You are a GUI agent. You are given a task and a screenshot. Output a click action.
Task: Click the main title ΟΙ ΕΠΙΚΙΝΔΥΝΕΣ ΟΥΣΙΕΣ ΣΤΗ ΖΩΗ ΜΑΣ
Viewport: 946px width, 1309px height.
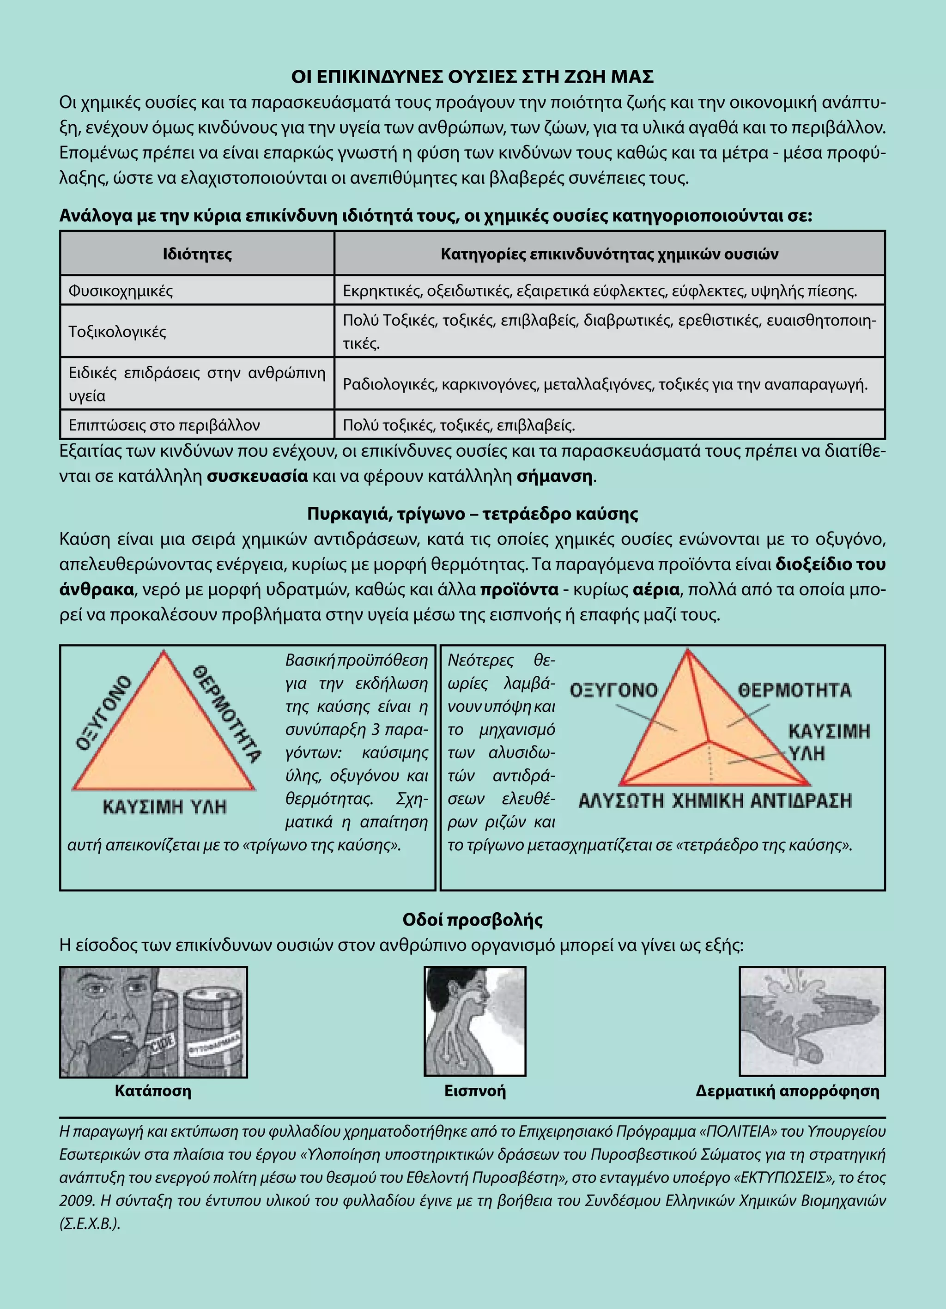(x=472, y=77)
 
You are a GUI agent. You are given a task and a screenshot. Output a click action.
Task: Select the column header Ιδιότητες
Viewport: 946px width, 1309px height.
(x=197, y=254)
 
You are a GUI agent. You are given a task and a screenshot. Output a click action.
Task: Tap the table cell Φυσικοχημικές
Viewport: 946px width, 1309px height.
(x=121, y=291)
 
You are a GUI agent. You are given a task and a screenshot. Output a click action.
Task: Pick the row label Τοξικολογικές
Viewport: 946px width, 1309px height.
(x=117, y=331)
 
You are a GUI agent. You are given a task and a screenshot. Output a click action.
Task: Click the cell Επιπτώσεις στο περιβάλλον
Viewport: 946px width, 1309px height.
(x=164, y=425)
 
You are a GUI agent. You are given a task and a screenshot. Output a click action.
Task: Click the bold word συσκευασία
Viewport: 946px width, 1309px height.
(x=257, y=476)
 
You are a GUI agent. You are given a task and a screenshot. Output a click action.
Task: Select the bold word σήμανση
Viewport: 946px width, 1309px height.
(x=554, y=476)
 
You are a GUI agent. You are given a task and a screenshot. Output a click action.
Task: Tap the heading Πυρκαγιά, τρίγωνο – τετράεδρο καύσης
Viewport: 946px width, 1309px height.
(x=472, y=513)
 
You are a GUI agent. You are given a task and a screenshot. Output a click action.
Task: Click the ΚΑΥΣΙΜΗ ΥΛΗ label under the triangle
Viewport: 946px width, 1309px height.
(x=164, y=806)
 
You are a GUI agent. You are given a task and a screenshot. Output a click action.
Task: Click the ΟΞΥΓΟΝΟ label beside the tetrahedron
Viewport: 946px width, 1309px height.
(x=613, y=690)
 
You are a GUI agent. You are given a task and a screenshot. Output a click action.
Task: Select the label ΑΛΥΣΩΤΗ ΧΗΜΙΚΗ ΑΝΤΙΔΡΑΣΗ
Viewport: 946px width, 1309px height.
(x=715, y=800)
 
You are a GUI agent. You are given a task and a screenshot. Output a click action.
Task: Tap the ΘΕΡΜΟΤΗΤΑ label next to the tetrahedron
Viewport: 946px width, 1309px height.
(x=794, y=690)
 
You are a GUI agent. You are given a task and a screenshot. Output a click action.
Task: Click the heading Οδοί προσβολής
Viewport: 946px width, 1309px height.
(x=472, y=920)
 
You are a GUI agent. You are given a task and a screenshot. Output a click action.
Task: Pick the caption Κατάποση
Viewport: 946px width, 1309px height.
(x=153, y=1091)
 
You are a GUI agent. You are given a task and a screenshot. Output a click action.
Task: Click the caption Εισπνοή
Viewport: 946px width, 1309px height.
(x=474, y=1091)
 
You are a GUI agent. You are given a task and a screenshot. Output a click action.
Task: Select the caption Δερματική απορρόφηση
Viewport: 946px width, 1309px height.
(x=787, y=1091)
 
